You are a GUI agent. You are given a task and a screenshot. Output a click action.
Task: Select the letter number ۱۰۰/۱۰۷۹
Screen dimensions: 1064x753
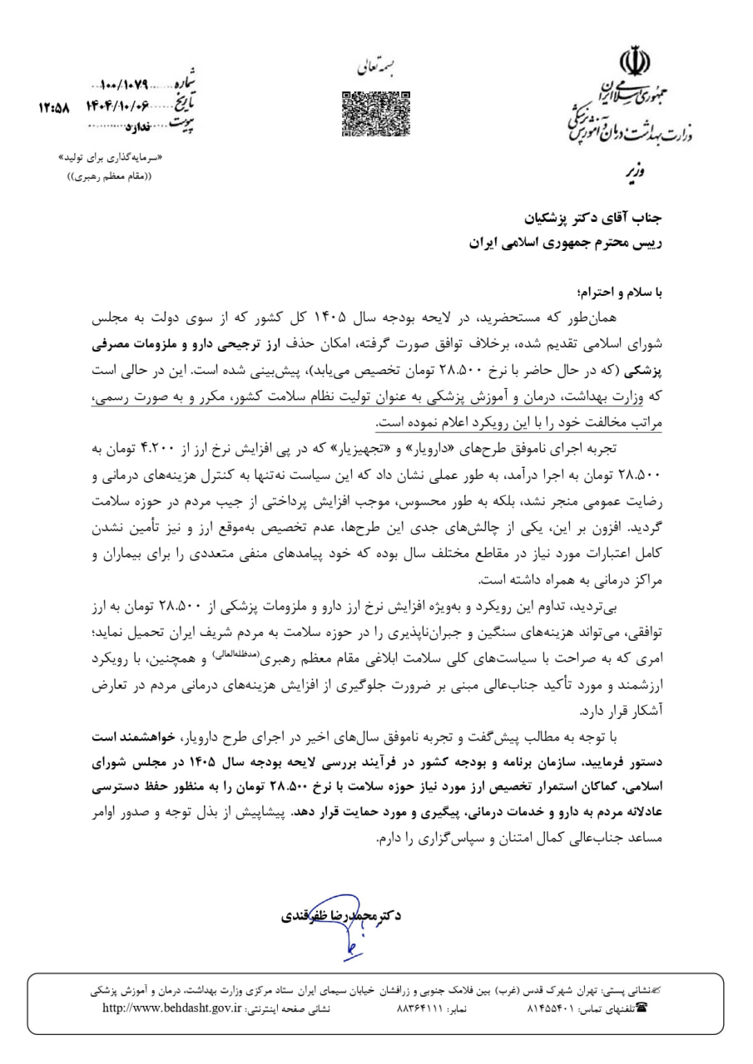[123, 86]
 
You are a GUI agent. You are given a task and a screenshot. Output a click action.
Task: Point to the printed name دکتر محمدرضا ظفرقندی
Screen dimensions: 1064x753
[339, 914]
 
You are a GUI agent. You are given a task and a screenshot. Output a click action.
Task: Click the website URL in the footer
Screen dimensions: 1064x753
[171, 1008]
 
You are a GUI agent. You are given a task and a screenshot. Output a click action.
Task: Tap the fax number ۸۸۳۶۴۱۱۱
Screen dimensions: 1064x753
[419, 1008]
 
